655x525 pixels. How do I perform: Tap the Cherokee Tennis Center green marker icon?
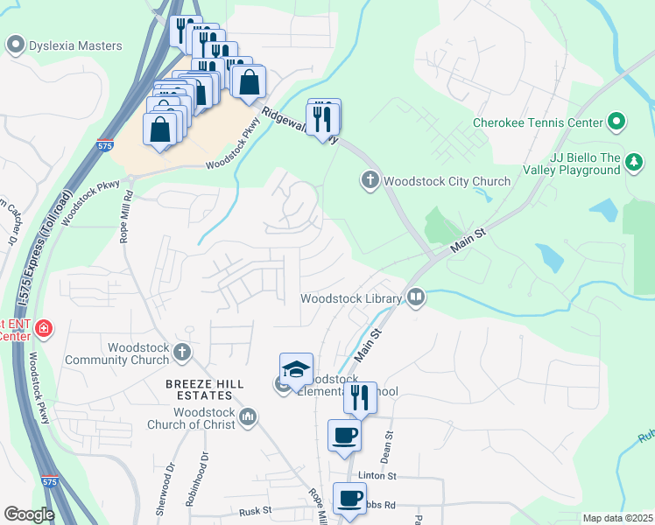(616, 122)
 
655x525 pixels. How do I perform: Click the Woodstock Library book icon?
(416, 298)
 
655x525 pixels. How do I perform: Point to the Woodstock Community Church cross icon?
(182, 353)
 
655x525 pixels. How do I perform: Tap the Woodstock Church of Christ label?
(204, 418)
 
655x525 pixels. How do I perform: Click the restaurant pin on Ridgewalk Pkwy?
(323, 115)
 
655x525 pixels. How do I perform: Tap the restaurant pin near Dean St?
(360, 397)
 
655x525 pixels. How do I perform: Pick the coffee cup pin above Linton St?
(344, 435)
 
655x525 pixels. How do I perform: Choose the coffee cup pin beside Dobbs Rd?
(350, 498)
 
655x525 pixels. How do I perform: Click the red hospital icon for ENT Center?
(43, 329)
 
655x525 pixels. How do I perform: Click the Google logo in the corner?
(29, 514)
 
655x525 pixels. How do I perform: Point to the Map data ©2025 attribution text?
(616, 518)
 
